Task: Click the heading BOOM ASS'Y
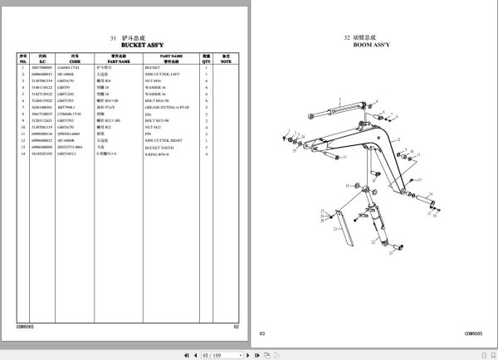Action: [370, 46]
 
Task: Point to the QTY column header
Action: [206, 59]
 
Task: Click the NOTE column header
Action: [223, 59]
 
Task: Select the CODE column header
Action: [75, 59]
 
